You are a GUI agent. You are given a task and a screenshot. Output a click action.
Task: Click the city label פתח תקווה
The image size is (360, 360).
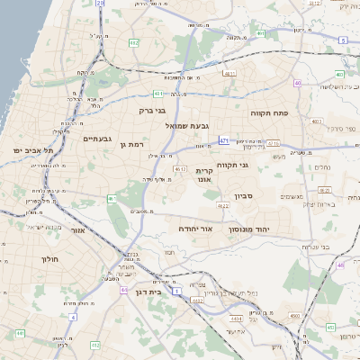point(268,113)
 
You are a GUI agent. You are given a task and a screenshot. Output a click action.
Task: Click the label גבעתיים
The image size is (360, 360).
point(96,139)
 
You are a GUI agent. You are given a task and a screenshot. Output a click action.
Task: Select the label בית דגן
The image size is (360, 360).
point(160,292)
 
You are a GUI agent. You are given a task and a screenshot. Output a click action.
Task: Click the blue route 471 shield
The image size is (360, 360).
point(223,140)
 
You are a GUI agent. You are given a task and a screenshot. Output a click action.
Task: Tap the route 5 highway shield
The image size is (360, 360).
point(343,40)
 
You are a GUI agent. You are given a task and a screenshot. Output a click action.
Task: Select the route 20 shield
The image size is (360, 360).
point(100,4)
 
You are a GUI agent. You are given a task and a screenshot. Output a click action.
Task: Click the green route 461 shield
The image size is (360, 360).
point(112,198)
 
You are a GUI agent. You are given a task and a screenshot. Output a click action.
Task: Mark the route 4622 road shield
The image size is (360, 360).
point(223,206)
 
